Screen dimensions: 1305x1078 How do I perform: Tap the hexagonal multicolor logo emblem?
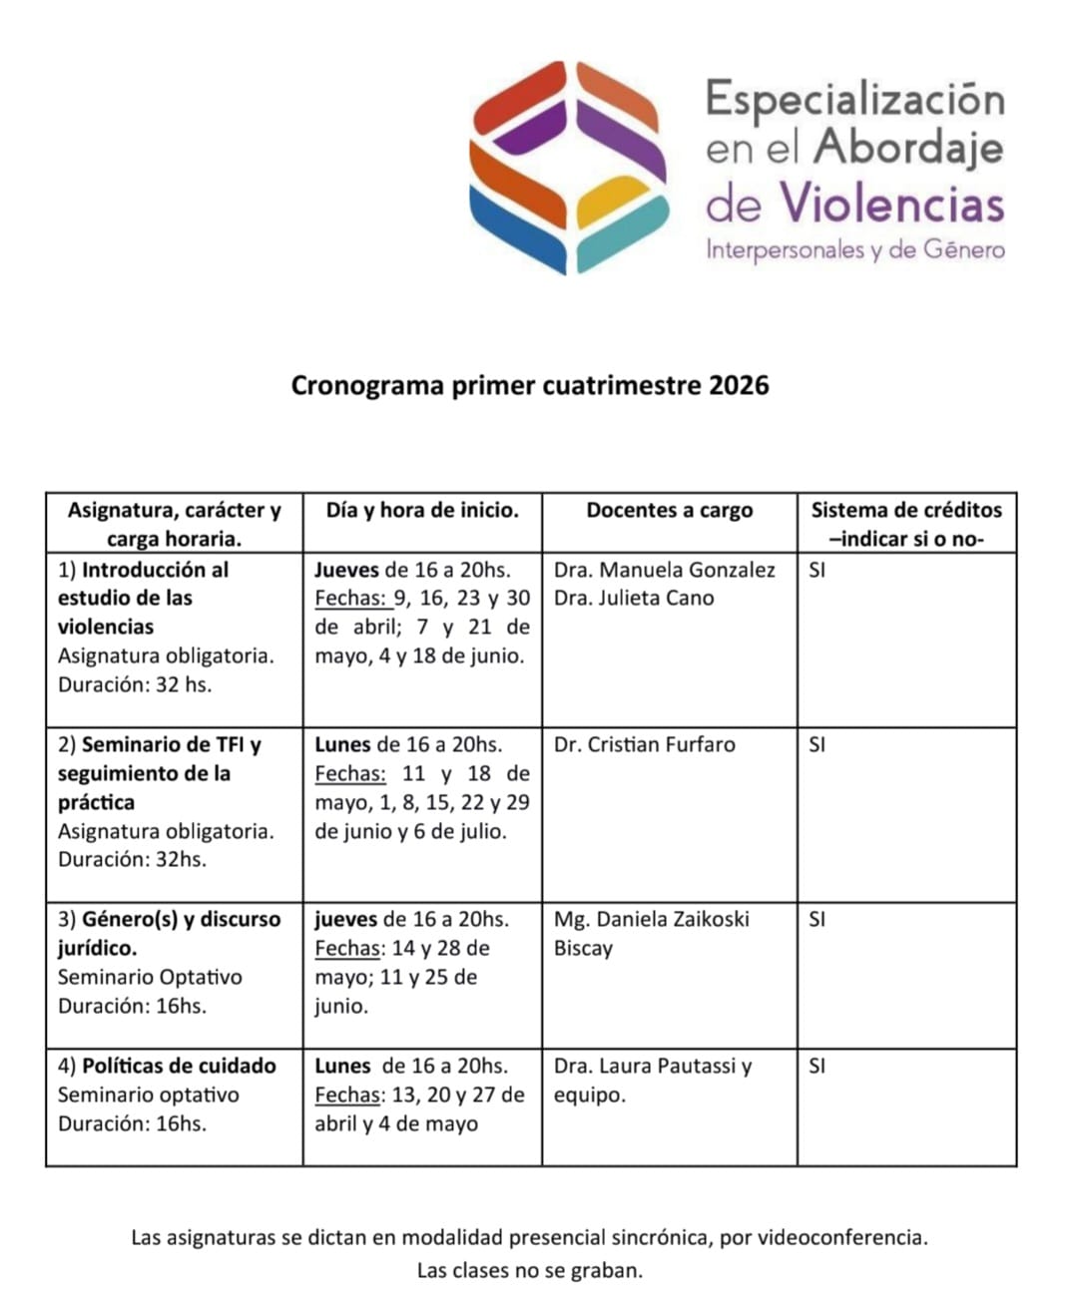568,167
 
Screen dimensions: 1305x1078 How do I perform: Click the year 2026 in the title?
739,386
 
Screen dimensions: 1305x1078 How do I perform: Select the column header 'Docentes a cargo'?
669,511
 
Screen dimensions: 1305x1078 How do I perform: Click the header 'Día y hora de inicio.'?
422,511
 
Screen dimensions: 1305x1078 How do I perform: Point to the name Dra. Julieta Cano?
634,598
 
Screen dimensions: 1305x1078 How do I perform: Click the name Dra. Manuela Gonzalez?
664,570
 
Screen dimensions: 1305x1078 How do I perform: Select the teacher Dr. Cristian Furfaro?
644,744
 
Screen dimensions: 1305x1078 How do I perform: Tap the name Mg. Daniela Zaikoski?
651,919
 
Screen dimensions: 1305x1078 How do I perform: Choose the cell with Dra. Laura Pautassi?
653,1066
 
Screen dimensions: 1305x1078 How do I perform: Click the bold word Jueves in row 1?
346,570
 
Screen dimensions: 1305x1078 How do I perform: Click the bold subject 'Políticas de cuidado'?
179,1066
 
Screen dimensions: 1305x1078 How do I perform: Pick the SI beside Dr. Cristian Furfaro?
816,744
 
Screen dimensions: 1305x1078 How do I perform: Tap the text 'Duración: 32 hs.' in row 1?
135,684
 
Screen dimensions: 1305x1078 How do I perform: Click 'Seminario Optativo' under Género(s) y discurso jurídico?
150,977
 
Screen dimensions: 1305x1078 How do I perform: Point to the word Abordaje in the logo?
908,148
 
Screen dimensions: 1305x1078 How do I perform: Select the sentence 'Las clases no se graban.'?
530,1270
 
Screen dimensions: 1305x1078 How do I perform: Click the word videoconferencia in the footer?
842,1238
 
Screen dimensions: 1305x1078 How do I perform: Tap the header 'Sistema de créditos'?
905,511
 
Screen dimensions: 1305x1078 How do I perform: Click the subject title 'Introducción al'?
155,570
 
